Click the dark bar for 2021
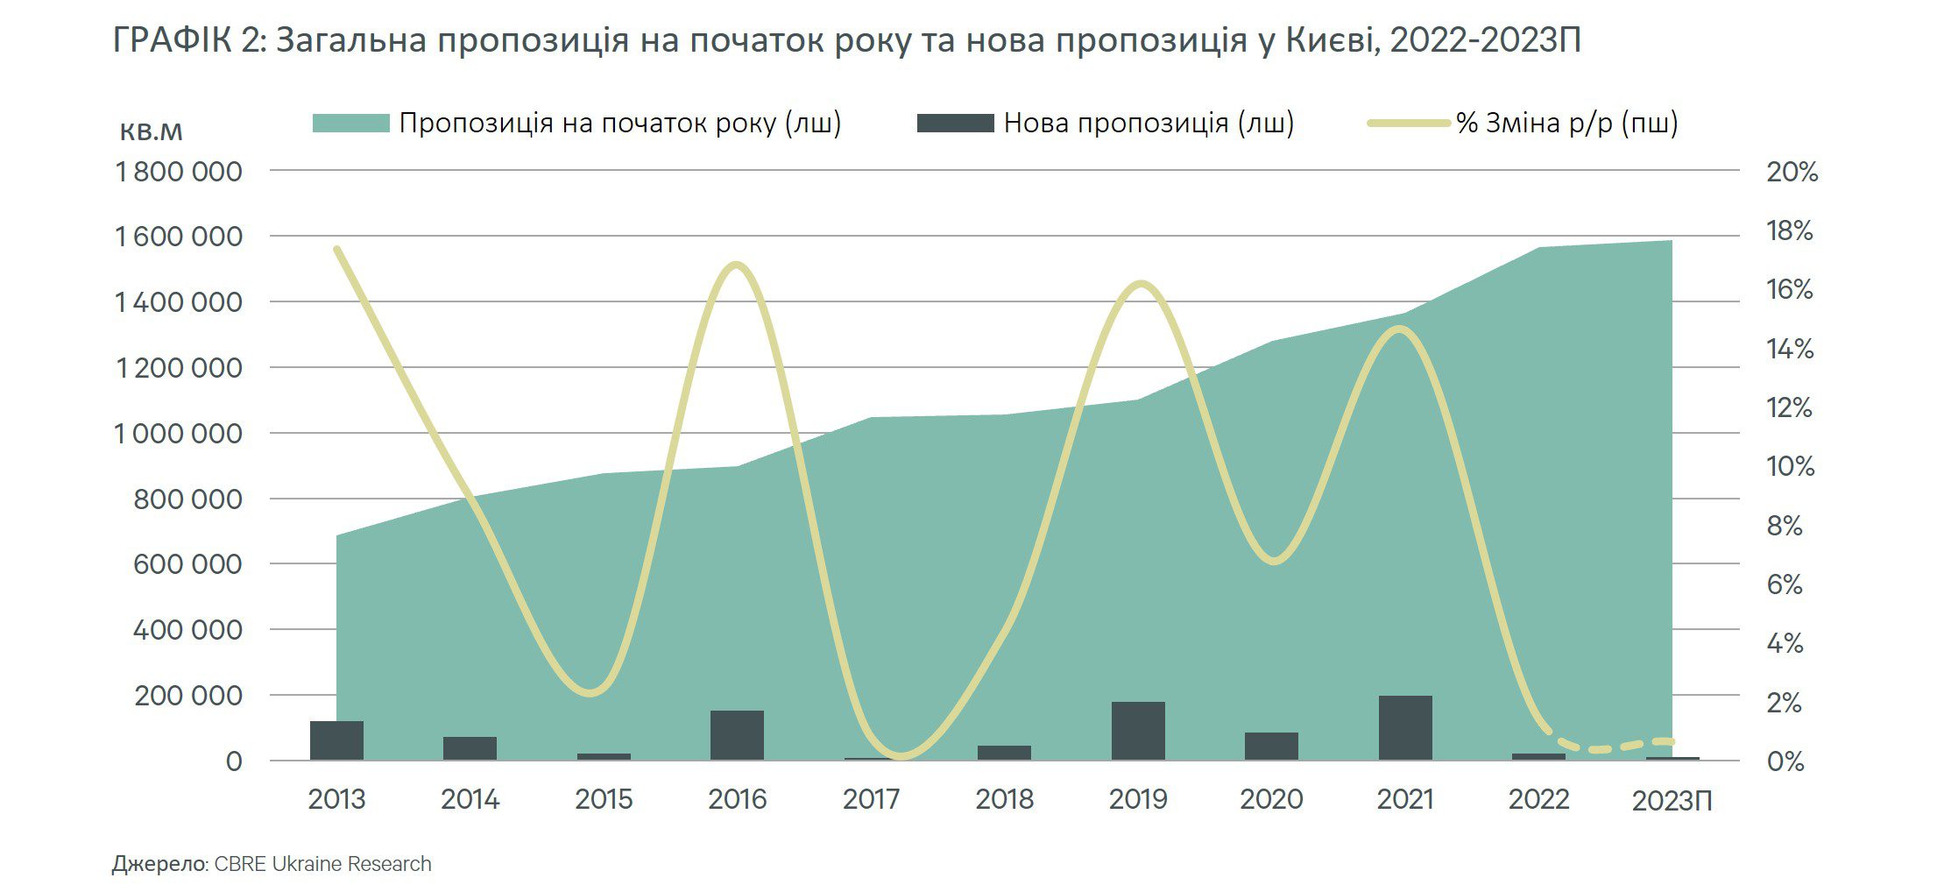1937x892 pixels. tap(1404, 727)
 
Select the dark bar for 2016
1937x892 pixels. tap(737, 735)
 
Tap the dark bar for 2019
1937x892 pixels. tap(1138, 731)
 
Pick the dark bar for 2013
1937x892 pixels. tap(336, 740)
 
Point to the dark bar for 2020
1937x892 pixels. tap(1271, 746)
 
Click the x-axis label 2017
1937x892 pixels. tap(871, 799)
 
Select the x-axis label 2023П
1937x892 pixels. tap(1672, 801)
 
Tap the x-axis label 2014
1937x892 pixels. tap(470, 799)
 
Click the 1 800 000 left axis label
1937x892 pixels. tap(179, 172)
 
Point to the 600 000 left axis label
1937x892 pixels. tap(187, 564)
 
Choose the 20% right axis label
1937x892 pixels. tap(1792, 172)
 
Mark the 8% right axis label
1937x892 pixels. tap(1785, 526)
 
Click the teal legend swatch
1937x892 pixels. tap(350, 124)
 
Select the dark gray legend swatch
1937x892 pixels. tap(955, 124)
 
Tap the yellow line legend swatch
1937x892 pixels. tap(1409, 124)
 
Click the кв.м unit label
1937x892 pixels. tap(151, 131)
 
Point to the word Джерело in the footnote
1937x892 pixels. tap(159, 864)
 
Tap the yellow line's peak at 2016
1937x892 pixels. tap(737, 265)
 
